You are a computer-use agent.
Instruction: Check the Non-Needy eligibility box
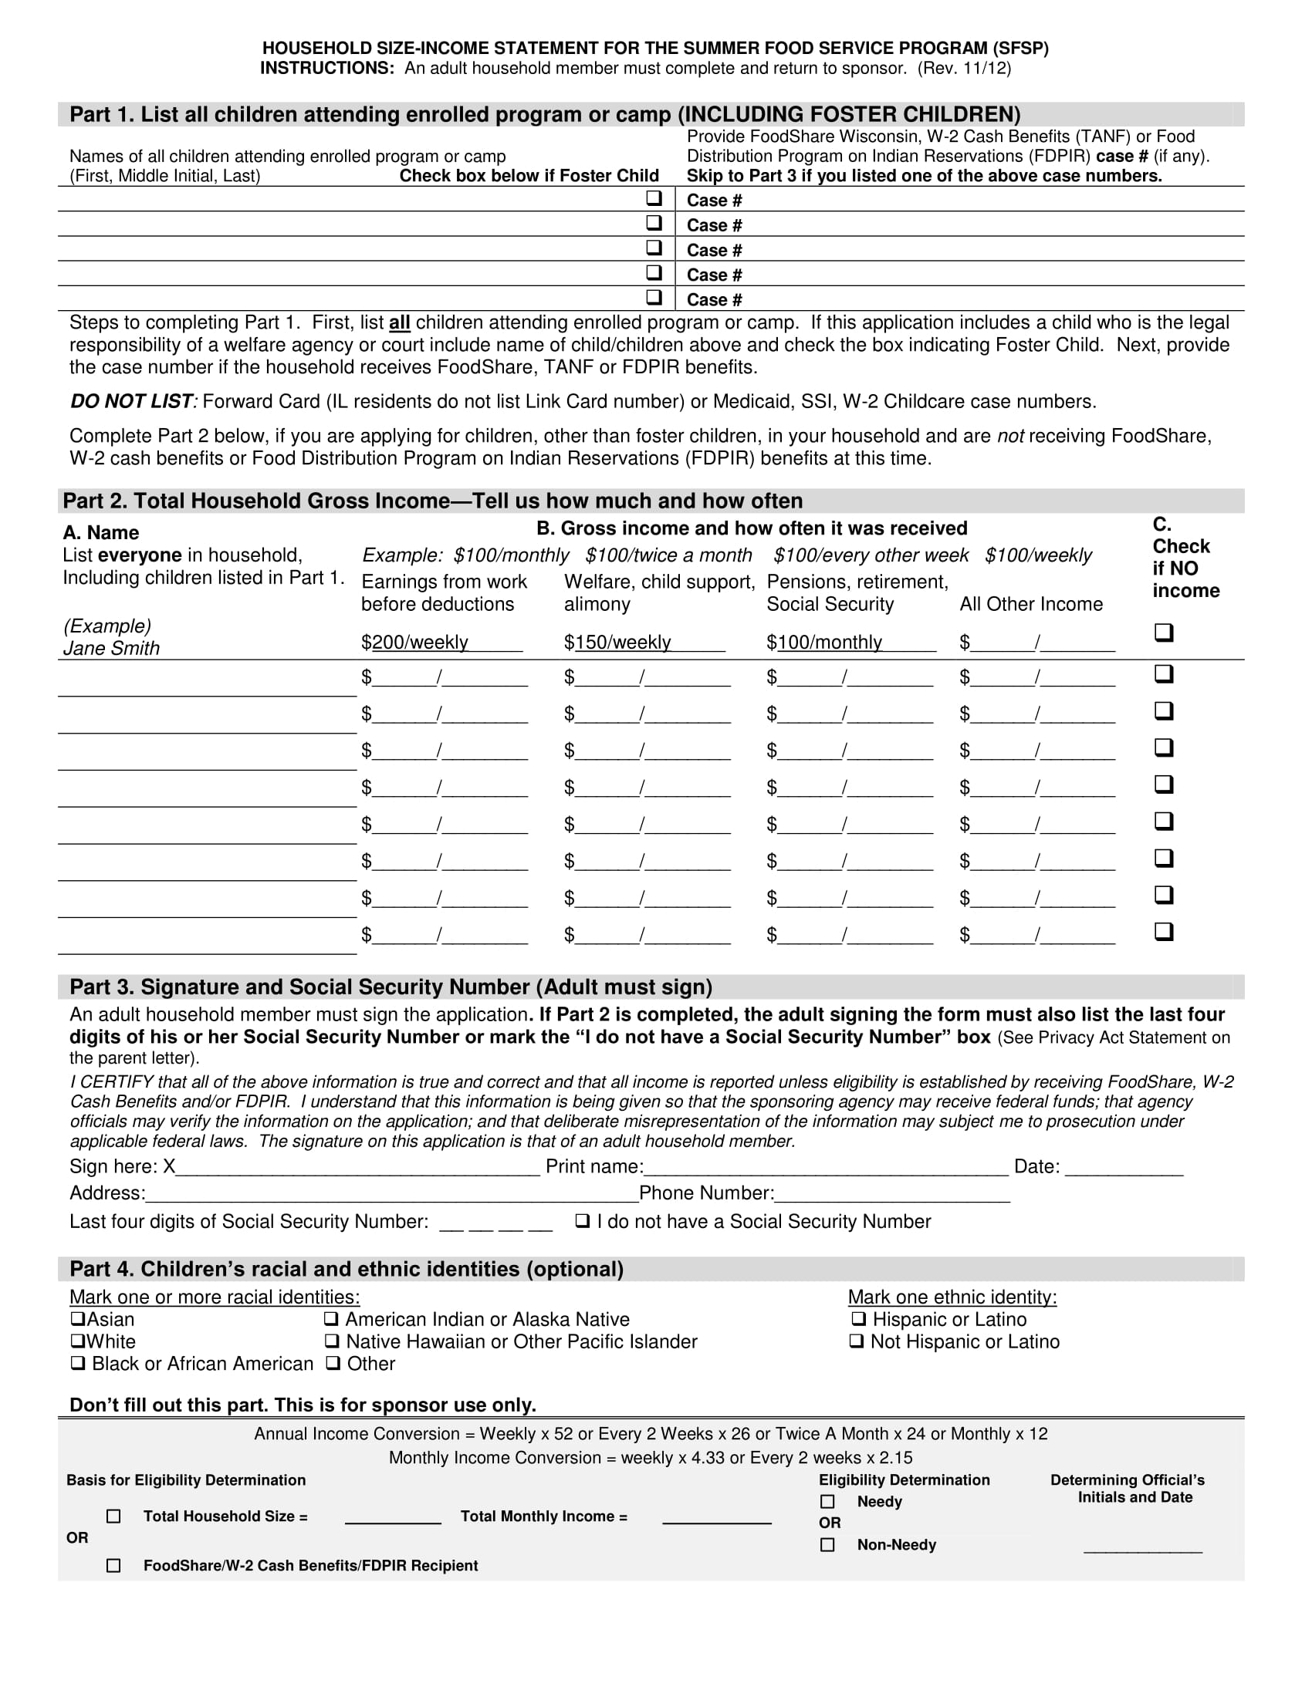(828, 1545)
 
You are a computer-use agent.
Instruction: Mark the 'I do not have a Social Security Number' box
(582, 1221)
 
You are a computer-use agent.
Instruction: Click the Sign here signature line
(357, 1167)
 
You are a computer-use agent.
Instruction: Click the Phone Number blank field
(892, 1194)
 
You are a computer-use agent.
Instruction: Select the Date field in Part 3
(1124, 1167)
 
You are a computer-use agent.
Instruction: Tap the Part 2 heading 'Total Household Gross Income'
(432, 501)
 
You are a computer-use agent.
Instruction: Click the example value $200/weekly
(415, 642)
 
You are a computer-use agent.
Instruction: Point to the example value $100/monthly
(825, 642)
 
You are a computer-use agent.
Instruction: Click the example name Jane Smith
(111, 648)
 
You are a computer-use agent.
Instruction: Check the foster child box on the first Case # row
(654, 198)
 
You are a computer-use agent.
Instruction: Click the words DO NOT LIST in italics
(131, 401)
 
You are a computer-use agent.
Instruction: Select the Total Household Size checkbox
(113, 1516)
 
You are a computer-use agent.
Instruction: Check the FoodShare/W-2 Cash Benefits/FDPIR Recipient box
(113, 1565)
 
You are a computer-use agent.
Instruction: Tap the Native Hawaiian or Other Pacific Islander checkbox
(332, 1341)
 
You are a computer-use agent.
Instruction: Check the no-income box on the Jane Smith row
(1164, 632)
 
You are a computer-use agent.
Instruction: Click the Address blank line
(392, 1194)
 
